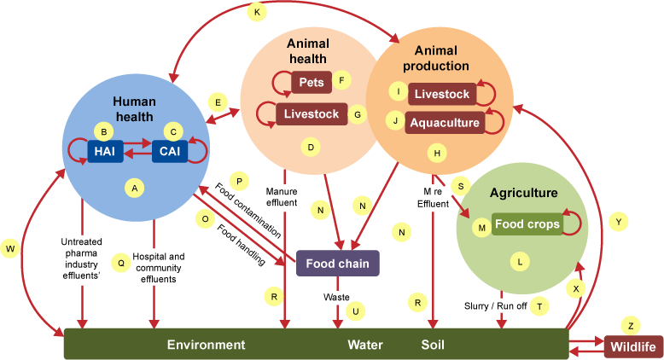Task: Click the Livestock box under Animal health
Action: pyautogui.click(x=311, y=113)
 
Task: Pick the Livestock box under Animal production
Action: pyautogui.click(x=442, y=93)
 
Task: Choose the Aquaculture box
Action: pyautogui.click(x=444, y=122)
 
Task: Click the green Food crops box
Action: pyautogui.click(x=527, y=224)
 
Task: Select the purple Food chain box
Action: pyautogui.click(x=337, y=264)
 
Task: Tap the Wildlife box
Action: pyautogui.click(x=633, y=347)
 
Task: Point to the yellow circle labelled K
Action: pyautogui.click(x=257, y=11)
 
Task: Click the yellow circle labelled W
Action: pyautogui.click(x=10, y=248)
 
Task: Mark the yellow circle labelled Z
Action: pyautogui.click(x=630, y=325)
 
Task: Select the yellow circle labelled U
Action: pyautogui.click(x=355, y=311)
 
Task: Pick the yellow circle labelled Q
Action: pyautogui.click(x=121, y=264)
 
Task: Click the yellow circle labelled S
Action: pyautogui.click(x=460, y=185)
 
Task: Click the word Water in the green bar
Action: pyautogui.click(x=364, y=345)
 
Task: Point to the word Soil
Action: pyautogui.click(x=433, y=345)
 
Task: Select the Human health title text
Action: pyautogui.click(x=133, y=109)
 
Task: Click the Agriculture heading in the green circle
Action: pyautogui.click(x=523, y=193)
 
